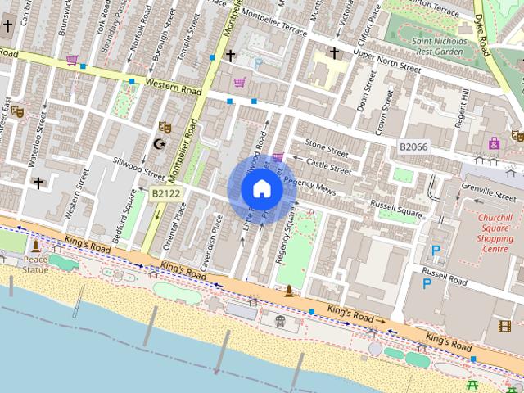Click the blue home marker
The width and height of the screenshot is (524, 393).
point(262,189)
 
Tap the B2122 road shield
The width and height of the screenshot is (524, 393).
point(166,193)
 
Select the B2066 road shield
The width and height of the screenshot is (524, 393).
point(414,146)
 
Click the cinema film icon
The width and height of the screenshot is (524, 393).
point(504,325)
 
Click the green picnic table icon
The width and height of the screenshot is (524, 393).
point(472,385)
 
